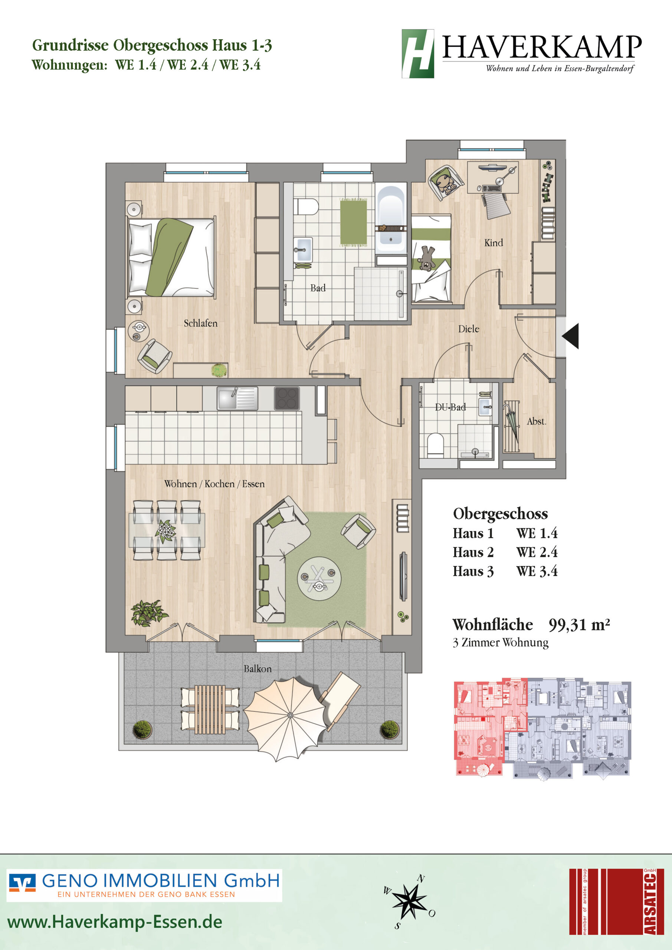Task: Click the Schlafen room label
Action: click(x=201, y=323)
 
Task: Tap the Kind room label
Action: click(x=494, y=243)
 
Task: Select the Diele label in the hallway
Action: click(x=468, y=329)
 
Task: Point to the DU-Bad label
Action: click(x=450, y=407)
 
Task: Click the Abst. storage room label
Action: click(x=536, y=422)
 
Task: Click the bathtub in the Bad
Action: click(x=391, y=219)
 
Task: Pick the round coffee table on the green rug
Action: click(x=319, y=578)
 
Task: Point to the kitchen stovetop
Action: click(x=287, y=399)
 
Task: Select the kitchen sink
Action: click(x=237, y=399)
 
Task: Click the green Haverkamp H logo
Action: click(x=418, y=53)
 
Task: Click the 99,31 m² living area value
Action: click(x=579, y=625)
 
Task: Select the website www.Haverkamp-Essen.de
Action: click(x=115, y=922)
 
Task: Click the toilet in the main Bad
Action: click(x=306, y=206)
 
